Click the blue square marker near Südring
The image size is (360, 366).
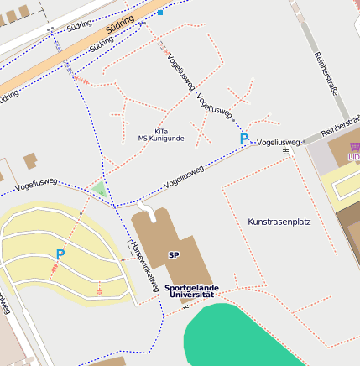[x=160, y=13]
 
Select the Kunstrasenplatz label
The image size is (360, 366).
[x=279, y=222]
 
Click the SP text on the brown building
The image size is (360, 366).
[x=174, y=255]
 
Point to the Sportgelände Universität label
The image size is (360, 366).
[x=191, y=291]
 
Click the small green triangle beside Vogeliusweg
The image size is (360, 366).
[x=100, y=190]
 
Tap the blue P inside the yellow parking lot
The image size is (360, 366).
[x=60, y=254]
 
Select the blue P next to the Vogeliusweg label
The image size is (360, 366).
[x=244, y=138]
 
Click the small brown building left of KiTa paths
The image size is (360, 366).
[x=31, y=160]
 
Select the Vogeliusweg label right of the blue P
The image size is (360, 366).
[x=278, y=143]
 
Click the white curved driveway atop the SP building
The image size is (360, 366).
[x=146, y=207]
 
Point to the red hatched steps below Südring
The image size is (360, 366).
[x=81, y=78]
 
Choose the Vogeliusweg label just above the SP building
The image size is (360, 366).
[x=185, y=175]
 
